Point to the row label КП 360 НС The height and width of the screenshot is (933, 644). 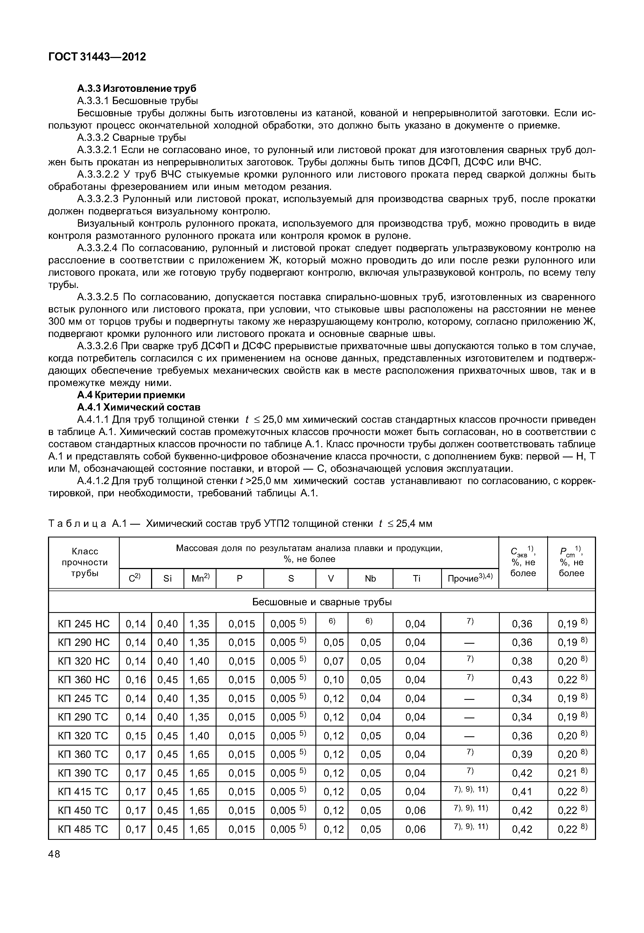[84, 680]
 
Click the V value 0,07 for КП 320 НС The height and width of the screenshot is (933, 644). [333, 661]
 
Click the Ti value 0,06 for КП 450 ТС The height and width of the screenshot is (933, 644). [415, 810]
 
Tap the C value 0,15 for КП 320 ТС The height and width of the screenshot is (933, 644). [136, 736]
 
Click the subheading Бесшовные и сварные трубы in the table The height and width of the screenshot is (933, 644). [322, 602]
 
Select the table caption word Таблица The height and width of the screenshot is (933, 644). [77, 523]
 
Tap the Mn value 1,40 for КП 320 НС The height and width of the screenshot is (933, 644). [199, 661]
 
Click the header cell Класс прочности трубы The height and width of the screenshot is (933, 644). [84, 562]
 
